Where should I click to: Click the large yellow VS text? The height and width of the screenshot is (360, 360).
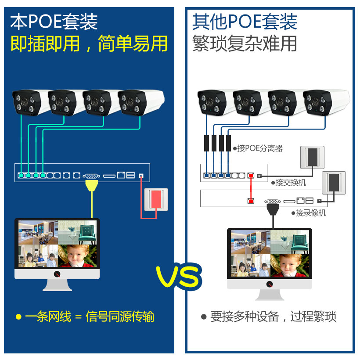point(179,276)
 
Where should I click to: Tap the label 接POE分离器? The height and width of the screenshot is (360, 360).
point(260,148)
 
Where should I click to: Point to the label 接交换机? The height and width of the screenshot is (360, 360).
point(290,182)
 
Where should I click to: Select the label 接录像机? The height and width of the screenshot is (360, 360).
point(310,213)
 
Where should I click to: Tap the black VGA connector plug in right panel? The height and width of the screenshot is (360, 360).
point(273,209)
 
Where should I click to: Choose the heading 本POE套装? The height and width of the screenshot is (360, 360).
point(54,22)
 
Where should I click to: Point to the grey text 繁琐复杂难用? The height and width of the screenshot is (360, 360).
point(245,43)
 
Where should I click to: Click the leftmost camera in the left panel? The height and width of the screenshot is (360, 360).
point(28,102)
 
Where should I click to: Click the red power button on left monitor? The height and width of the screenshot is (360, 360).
point(57,274)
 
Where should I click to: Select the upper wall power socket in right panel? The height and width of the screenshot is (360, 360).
point(312,157)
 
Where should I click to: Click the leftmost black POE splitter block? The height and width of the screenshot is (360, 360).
point(206,143)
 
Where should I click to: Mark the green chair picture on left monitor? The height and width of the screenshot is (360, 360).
point(79,232)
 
